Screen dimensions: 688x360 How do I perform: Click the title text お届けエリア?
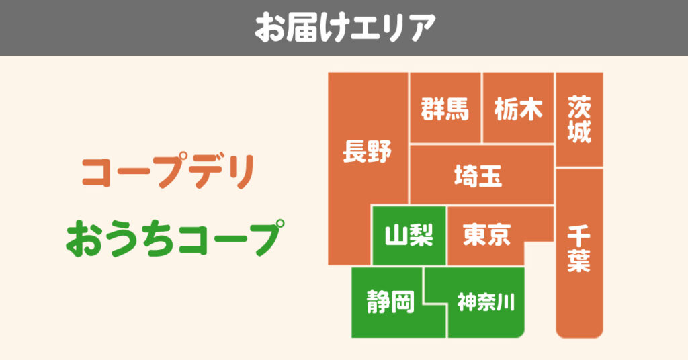coord(345,27)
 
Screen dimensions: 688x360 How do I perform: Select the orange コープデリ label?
coord(168,171)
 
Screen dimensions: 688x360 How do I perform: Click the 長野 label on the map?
coord(368,151)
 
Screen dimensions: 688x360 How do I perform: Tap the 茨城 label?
coord(579,119)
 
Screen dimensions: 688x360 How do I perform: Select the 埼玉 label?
coord(478,175)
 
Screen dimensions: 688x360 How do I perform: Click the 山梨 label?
coord(409,235)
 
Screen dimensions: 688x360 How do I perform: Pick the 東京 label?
coord(486,234)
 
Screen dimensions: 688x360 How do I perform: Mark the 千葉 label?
coord(578,249)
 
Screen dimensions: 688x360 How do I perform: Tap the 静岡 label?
coord(390,302)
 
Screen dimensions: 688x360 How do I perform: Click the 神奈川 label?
coord(486,302)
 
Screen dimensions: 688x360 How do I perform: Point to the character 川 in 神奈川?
coord(506,302)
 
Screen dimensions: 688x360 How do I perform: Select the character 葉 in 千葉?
coord(578,261)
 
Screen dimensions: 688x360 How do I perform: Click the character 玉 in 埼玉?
coord(491,175)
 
